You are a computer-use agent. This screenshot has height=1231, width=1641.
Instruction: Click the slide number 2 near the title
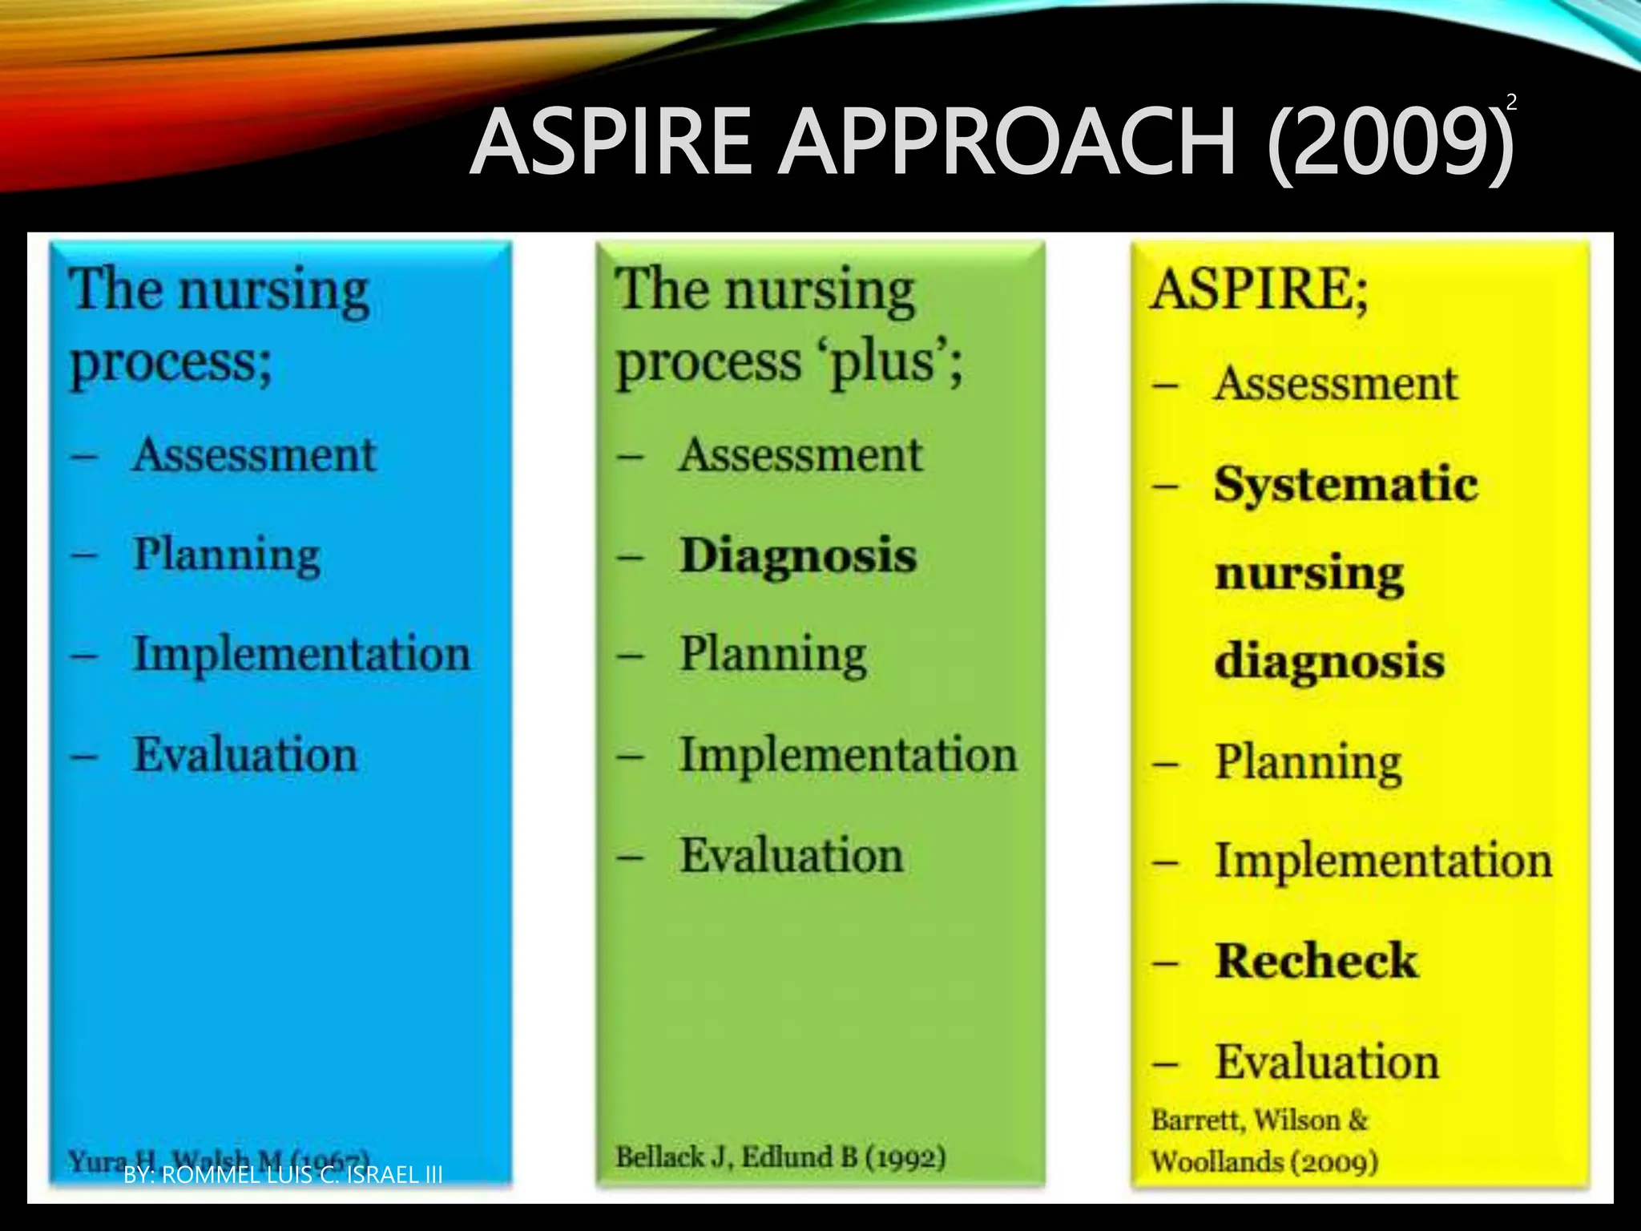[x=1511, y=103]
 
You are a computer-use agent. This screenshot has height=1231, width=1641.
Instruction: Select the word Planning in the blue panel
[x=227, y=555]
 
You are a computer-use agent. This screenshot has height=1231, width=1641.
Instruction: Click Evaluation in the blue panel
[x=245, y=755]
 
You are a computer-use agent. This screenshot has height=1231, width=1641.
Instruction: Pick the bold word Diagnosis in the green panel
[x=797, y=555]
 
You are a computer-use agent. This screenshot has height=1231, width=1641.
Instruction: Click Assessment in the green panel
[x=800, y=455]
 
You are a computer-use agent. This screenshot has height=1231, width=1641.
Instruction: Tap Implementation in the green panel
[x=848, y=755]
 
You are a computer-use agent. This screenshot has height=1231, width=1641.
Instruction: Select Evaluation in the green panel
[x=792, y=855]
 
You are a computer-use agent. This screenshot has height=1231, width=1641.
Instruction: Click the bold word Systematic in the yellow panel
[x=1345, y=485]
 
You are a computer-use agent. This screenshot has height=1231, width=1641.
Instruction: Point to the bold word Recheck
[x=1316, y=960]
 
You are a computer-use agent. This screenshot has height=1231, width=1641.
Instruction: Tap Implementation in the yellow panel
[x=1384, y=861]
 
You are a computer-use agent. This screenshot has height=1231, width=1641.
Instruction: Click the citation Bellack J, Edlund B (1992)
[x=780, y=1156]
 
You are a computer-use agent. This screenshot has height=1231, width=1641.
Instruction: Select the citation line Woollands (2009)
[x=1264, y=1161]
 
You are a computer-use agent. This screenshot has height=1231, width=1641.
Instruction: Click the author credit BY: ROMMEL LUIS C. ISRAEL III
[x=283, y=1175]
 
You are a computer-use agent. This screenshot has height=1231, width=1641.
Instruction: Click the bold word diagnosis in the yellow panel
[x=1329, y=662]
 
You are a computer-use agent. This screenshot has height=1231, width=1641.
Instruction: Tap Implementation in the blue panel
[x=301, y=654]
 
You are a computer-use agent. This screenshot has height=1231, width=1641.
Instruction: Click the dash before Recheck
[x=1165, y=963]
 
